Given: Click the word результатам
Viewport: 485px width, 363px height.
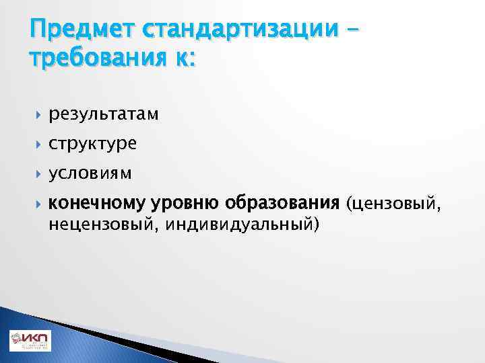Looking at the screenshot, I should pyautogui.click(x=104, y=115).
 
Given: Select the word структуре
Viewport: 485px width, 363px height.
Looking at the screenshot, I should pyautogui.click(x=92, y=144).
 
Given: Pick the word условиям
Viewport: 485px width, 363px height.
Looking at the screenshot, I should pyautogui.click(x=90, y=173).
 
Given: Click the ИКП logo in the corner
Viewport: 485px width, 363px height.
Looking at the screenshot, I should pyautogui.click(x=29, y=341).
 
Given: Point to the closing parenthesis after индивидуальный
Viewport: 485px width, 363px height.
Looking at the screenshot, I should pyautogui.click(x=316, y=223).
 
